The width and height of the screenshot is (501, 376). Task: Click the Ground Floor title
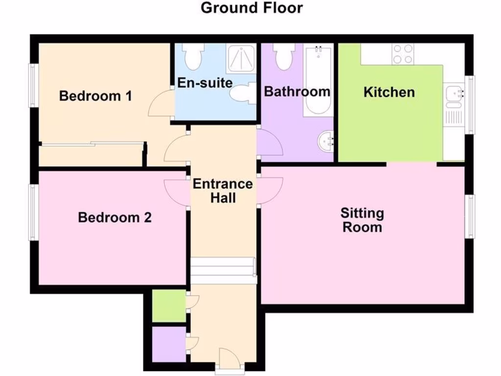pyautogui.click(x=251, y=8)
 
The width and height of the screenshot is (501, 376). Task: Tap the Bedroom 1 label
pyautogui.click(x=95, y=95)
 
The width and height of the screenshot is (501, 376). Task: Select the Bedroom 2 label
pyautogui.click(x=114, y=217)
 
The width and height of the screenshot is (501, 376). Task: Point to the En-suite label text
pyautogui.click(x=205, y=83)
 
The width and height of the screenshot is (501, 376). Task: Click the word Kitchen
pyautogui.click(x=389, y=92)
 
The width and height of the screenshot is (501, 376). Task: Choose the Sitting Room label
pyautogui.click(x=362, y=220)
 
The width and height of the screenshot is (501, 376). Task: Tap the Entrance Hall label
pyautogui.click(x=223, y=191)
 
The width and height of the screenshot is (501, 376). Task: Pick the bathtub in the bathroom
pyautogui.click(x=317, y=81)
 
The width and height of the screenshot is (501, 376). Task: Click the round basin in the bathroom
pyautogui.click(x=325, y=142)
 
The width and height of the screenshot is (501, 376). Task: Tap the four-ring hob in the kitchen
pyautogui.click(x=403, y=54)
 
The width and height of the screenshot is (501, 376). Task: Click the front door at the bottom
pyautogui.click(x=228, y=359)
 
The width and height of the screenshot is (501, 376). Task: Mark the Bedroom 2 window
pyautogui.click(x=33, y=212)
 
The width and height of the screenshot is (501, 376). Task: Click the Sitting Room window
pyautogui.click(x=470, y=216)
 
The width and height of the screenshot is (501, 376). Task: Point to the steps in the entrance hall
pyautogui.click(x=223, y=270)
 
